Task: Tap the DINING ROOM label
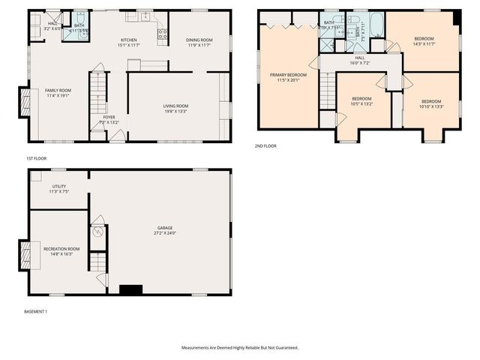(199, 40)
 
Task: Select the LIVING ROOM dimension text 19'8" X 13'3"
(175, 111)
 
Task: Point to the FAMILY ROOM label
(57, 91)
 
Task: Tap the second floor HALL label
(359, 58)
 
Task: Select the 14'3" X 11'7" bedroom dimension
(424, 43)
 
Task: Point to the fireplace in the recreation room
(25, 256)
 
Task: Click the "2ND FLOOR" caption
(265, 145)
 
